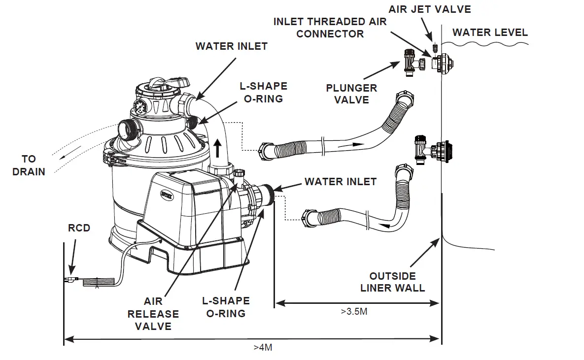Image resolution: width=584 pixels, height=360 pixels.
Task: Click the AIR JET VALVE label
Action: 429,9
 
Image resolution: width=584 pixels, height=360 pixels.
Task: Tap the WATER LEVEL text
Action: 490,33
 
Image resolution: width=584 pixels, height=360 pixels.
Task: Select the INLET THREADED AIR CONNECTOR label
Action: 330,28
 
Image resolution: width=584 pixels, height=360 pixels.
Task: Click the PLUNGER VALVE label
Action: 351,94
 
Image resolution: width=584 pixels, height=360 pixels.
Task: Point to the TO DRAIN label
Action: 29,165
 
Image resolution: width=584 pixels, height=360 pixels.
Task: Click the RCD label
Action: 79,228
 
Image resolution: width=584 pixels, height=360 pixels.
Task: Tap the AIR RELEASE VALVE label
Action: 153,313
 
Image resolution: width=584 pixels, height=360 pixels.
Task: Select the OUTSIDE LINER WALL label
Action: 392,282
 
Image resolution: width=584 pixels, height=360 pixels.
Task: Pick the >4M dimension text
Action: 263,347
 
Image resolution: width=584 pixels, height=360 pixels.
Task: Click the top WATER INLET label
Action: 231,46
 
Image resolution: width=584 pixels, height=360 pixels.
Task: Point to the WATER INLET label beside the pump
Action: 340,181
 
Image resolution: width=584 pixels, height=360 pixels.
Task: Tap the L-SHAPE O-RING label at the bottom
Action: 226,307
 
